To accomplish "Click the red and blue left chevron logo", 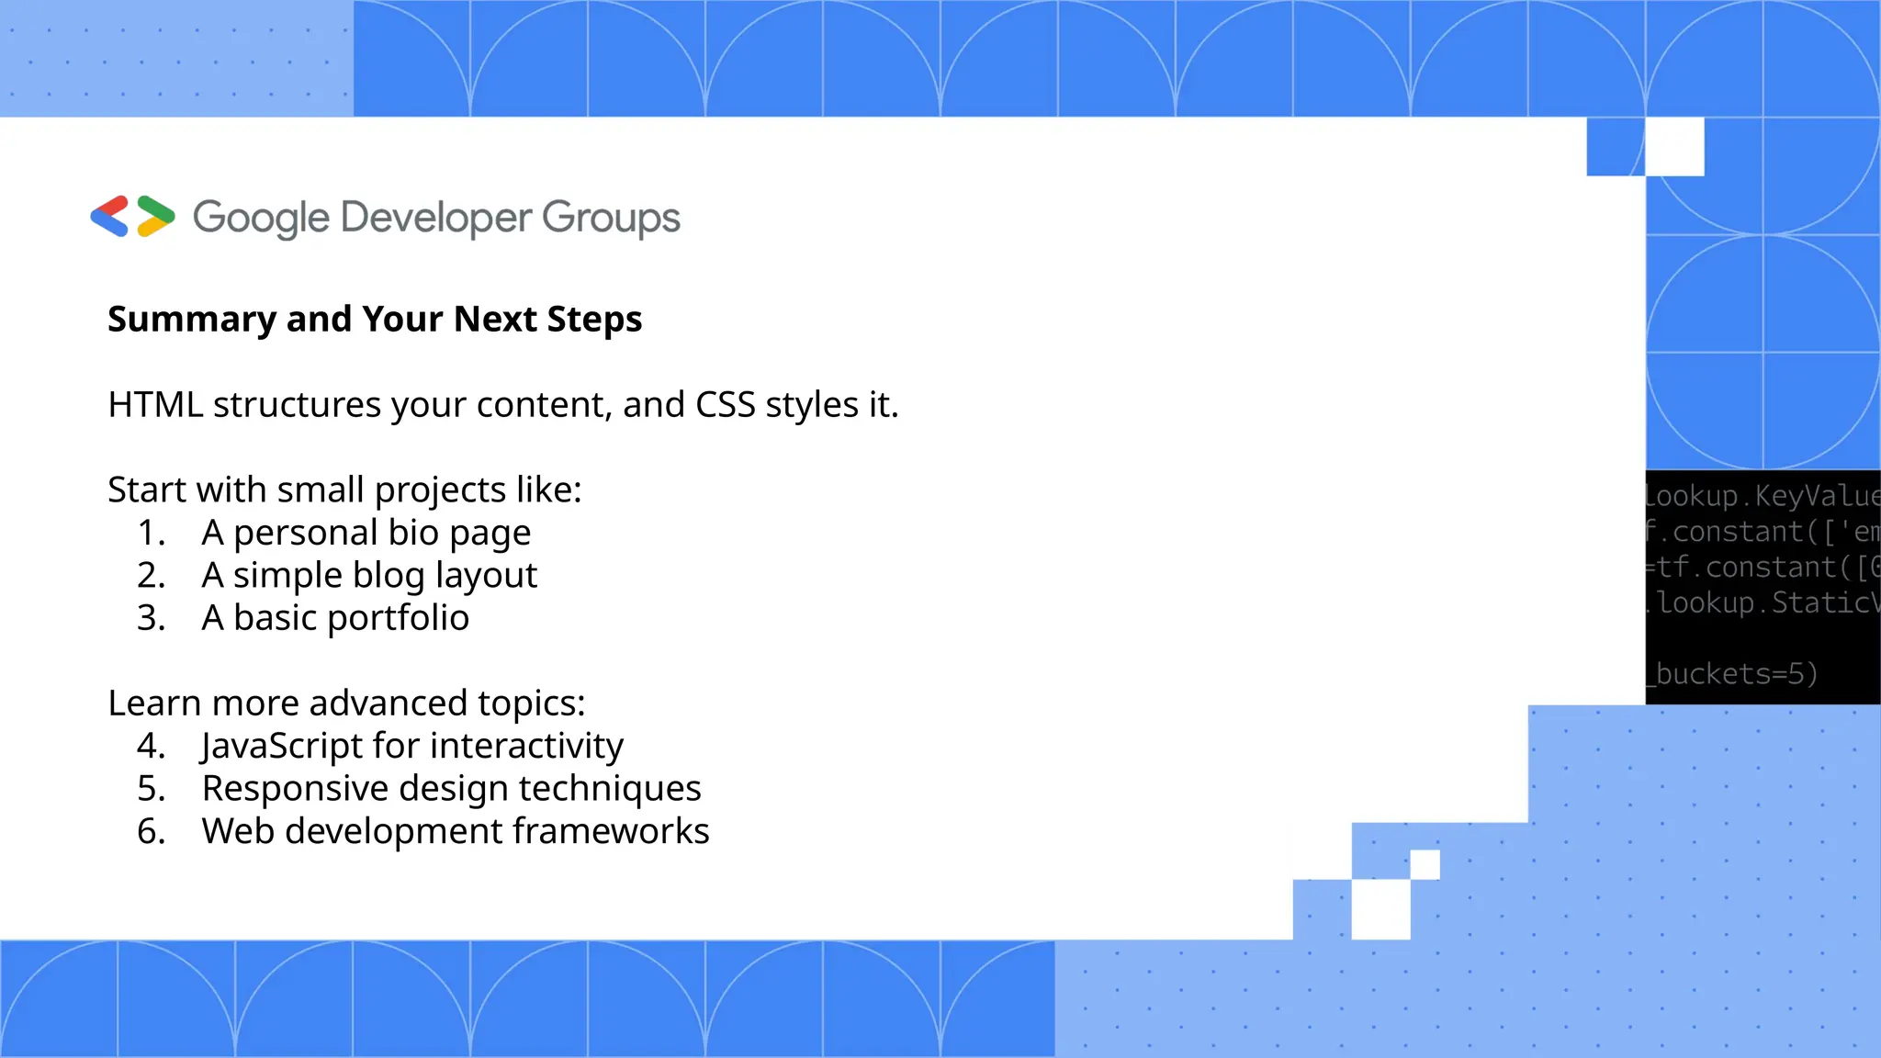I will coord(109,217).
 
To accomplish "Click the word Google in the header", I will coord(261,219).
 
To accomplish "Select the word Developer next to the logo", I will coord(436,219).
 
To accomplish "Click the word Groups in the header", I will coord(611,219).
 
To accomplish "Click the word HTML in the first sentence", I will coord(155,405).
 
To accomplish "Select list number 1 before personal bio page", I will coord(151,533).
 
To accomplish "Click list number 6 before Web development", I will coord(151,831).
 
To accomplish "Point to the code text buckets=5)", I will coord(1735,674).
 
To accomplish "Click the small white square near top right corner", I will coord(1674,146).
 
